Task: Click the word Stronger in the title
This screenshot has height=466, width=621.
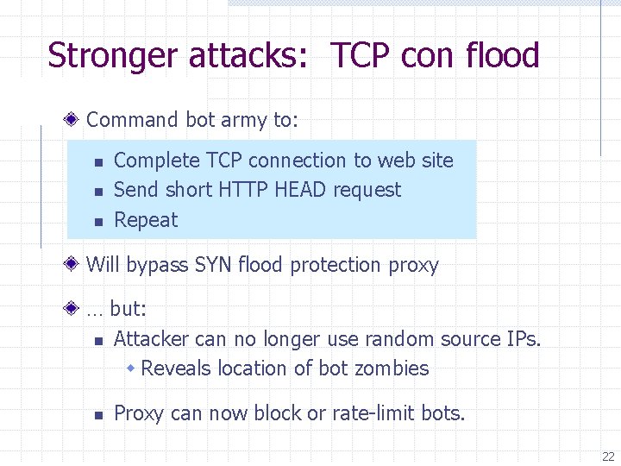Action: pyautogui.click(x=115, y=56)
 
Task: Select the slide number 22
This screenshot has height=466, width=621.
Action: pyautogui.click(x=608, y=457)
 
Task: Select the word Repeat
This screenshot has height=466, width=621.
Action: pyautogui.click(x=145, y=220)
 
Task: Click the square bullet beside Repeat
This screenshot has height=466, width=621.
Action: pyautogui.click(x=98, y=222)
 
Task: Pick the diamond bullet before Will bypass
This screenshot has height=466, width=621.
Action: pyautogui.click(x=76, y=264)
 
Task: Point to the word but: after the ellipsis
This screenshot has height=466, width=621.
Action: pyautogui.click(x=129, y=309)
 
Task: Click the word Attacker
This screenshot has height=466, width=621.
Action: pyautogui.click(x=152, y=339)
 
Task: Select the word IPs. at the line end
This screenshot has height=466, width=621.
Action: pyautogui.click(x=520, y=339)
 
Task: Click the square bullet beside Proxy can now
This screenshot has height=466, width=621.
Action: pyautogui.click(x=98, y=415)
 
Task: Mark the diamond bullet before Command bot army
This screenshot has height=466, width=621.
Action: pyautogui.click(x=76, y=119)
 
